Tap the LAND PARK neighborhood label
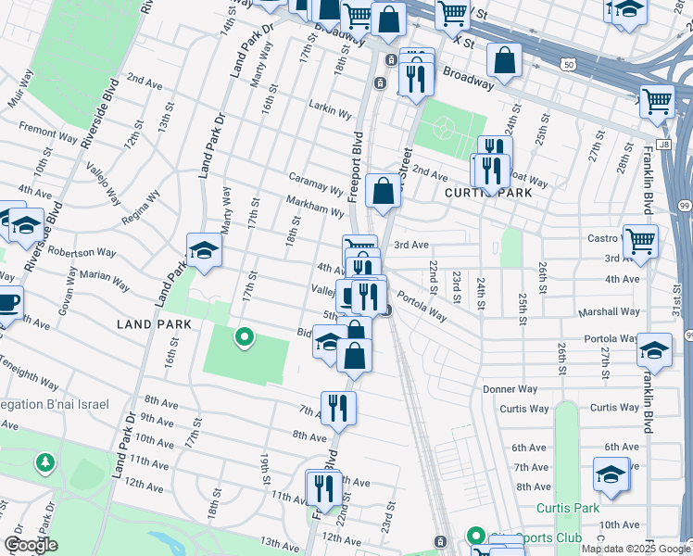154,324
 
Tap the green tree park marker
44,461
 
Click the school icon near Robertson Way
204,250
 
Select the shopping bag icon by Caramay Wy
383,191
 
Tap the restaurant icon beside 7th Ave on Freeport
338,408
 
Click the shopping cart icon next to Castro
639,242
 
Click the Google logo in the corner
31,545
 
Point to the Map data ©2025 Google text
635,549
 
